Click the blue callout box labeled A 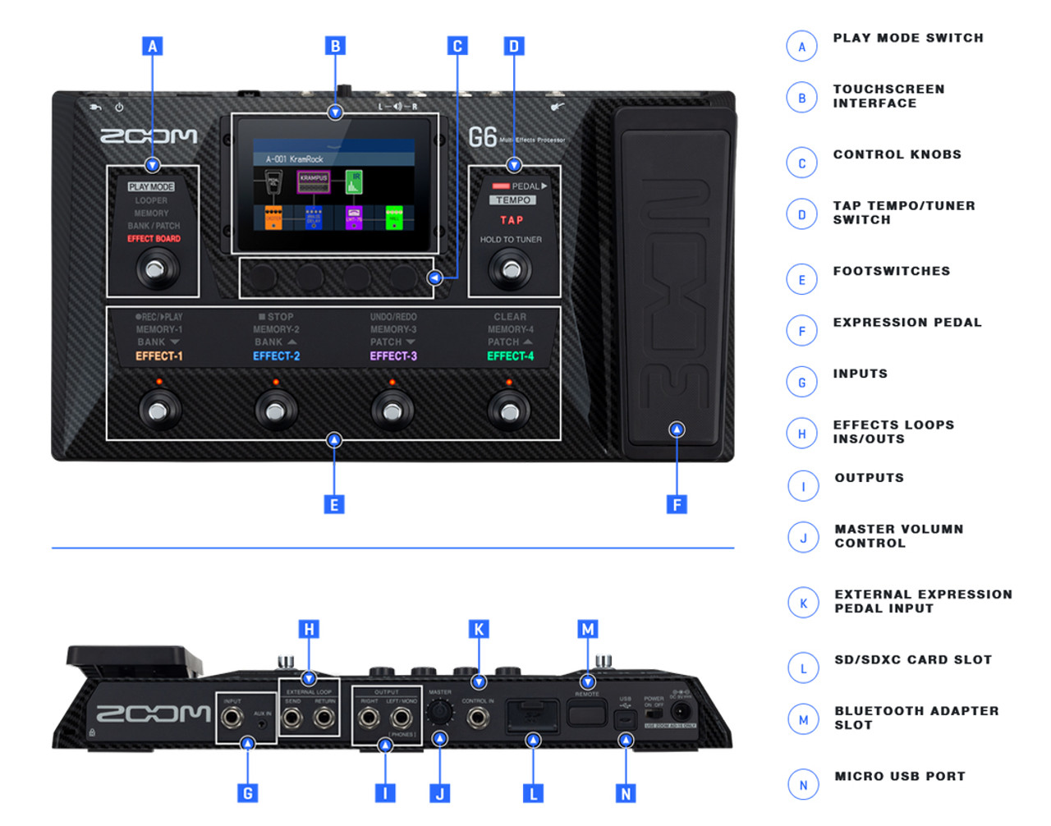point(152,46)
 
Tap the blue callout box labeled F point(677,504)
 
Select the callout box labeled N point(626,793)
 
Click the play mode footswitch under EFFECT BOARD point(154,268)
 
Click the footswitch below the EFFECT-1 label point(159,410)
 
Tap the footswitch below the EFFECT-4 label point(509,410)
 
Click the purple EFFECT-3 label point(393,356)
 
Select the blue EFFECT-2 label point(276,356)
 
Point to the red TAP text point(512,220)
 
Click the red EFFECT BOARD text point(154,239)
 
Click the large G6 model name point(483,136)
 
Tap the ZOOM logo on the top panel point(149,136)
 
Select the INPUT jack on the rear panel point(232,718)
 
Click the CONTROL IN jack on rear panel point(478,718)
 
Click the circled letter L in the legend point(803,668)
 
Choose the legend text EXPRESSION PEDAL point(907,323)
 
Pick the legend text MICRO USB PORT point(900,776)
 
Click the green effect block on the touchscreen point(394,218)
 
